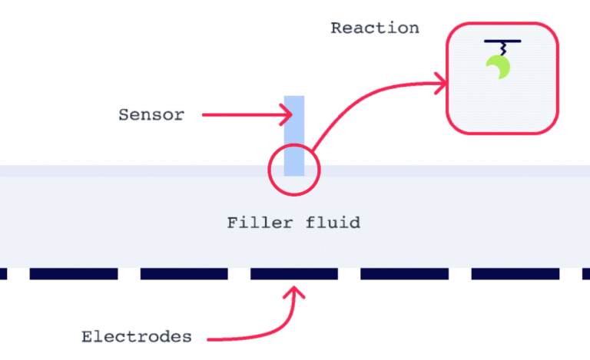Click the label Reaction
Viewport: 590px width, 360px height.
pyautogui.click(x=375, y=28)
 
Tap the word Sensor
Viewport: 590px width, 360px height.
pyautogui.click(x=151, y=115)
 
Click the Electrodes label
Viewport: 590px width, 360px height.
pyautogui.click(x=136, y=337)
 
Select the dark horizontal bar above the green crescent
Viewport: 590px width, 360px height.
pyautogui.click(x=502, y=41)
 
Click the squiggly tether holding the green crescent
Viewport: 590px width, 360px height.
pyautogui.click(x=501, y=48)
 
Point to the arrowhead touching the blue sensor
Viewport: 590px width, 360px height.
pyautogui.click(x=289, y=116)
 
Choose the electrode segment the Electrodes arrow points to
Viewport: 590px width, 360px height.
pyautogui.click(x=294, y=273)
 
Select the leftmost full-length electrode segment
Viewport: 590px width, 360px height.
pyautogui.click(x=73, y=273)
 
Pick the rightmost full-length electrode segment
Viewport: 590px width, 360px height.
pyautogui.click(x=515, y=273)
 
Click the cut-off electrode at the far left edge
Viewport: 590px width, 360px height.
pyautogui.click(x=3, y=273)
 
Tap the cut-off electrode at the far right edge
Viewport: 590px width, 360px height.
pyautogui.click(x=586, y=273)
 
